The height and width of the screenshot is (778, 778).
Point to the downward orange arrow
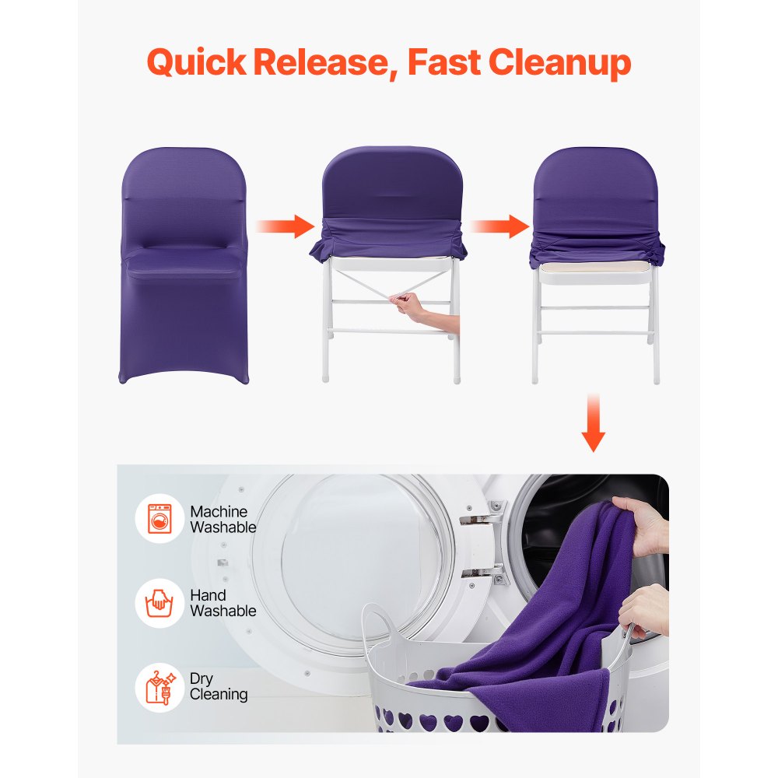click(x=594, y=423)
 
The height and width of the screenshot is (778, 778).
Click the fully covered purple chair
click(x=184, y=265)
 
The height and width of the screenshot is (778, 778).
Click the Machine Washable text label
click(x=223, y=519)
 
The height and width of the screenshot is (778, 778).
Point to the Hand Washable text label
click(x=223, y=603)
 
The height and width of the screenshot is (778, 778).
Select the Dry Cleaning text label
click(x=219, y=687)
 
